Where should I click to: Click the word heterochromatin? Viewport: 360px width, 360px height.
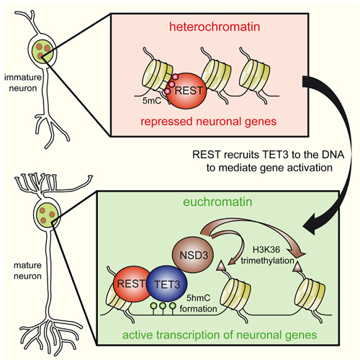point(215,27)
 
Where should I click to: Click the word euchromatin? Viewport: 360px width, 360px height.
point(217,202)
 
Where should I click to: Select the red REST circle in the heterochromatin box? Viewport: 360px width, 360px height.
point(186,91)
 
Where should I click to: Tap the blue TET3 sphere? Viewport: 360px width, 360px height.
point(167,284)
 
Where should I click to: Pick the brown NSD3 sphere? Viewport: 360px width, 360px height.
point(194,255)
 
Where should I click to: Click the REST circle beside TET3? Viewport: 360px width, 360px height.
point(132,284)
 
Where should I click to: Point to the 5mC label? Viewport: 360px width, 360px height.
point(152,101)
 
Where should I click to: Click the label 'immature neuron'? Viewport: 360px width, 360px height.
point(23,83)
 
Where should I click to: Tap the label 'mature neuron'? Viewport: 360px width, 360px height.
point(27,271)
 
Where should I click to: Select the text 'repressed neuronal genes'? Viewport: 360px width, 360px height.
point(208,122)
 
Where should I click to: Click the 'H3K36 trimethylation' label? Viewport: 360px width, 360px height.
point(267,255)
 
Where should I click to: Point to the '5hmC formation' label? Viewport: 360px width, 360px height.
point(198,303)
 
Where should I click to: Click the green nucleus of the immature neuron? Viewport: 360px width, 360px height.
point(42,52)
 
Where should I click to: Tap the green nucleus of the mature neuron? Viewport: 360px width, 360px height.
point(47,215)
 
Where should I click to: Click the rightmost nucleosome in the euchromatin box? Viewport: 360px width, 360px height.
point(310,293)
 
